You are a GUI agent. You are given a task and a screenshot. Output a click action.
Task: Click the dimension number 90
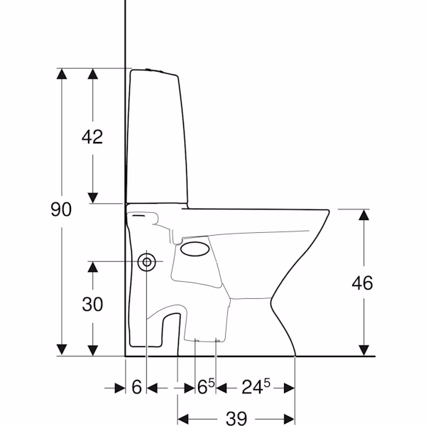coord(61,209)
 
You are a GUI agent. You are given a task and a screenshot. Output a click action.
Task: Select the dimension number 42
coord(92,136)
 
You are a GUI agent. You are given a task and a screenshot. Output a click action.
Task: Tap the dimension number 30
coord(92,304)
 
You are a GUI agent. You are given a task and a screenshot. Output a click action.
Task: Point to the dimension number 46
coord(362,283)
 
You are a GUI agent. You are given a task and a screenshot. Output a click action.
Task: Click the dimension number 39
coord(236,418)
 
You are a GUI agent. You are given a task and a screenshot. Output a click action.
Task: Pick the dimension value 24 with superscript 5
coord(256,386)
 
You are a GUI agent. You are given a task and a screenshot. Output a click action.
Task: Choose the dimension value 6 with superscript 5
coord(206,386)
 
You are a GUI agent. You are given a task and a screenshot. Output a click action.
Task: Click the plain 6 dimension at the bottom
coord(136,387)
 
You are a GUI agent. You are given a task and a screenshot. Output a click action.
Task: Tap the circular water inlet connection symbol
coord(147,262)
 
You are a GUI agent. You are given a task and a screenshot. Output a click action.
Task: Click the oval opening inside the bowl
coord(195,249)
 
